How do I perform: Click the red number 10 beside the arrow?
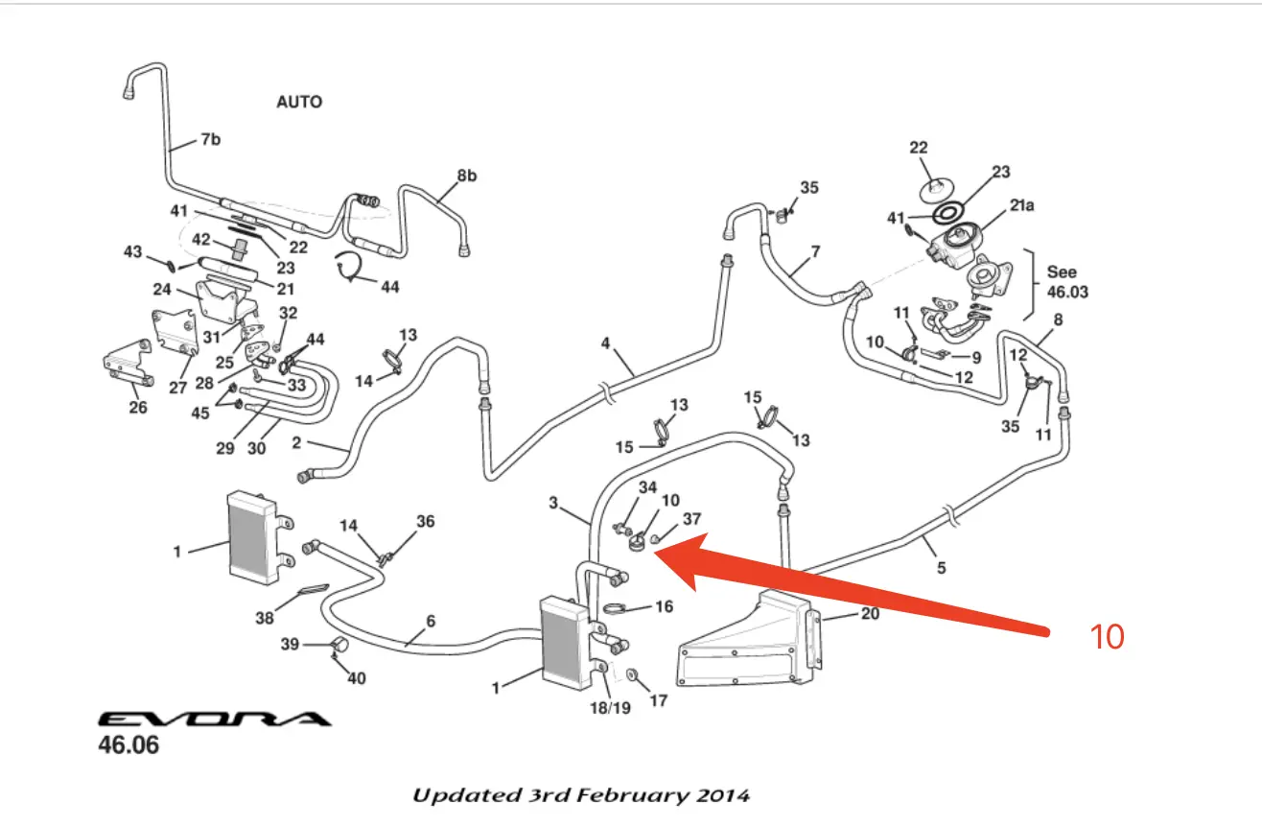[x=1108, y=636]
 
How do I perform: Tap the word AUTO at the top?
[x=299, y=102]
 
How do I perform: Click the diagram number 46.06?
[x=129, y=745]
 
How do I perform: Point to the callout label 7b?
[x=209, y=140]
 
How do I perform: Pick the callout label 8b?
[x=466, y=176]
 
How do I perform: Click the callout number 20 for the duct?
[x=870, y=614]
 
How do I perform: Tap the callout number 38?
[x=265, y=619]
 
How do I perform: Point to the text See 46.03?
[x=1067, y=282]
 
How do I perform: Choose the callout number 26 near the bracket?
[x=138, y=408]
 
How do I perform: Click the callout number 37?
[x=691, y=519]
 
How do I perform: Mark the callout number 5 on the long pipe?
[x=941, y=568]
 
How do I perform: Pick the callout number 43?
[x=132, y=251]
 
